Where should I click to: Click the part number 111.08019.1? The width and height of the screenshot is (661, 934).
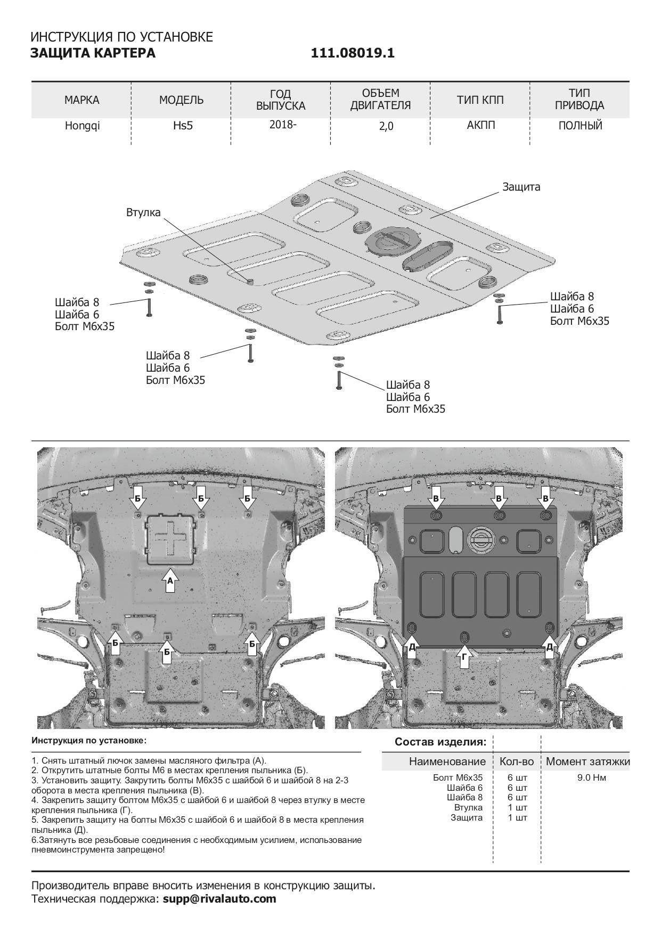[352, 53]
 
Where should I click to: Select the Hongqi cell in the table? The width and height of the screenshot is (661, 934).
[82, 126]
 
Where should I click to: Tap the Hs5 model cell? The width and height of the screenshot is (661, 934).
[181, 126]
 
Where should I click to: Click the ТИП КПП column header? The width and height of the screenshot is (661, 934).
[480, 100]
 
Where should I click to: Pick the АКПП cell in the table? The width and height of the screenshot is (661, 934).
[480, 126]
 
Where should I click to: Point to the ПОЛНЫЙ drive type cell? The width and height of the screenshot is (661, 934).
[580, 126]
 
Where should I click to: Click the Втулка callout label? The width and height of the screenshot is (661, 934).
[143, 212]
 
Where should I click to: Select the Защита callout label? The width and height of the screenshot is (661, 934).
[521, 187]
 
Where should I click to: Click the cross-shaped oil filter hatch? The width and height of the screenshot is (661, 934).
[170, 538]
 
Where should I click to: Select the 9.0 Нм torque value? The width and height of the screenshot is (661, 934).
[591, 777]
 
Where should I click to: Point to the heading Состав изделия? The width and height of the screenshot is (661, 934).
[440, 742]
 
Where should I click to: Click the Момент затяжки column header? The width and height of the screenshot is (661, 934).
[587, 761]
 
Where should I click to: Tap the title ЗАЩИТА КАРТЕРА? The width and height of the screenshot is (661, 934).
[93, 53]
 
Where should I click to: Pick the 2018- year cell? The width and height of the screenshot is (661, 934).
[280, 125]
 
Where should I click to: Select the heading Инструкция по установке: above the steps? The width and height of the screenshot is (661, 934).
[88, 741]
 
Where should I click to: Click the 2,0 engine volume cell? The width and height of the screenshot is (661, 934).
[380, 127]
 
